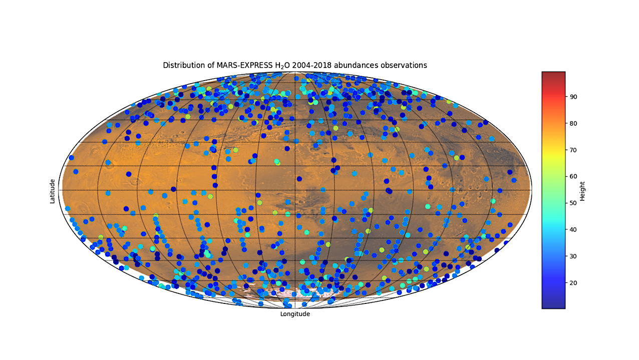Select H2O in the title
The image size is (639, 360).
click(x=282, y=66)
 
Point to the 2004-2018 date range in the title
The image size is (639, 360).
click(x=312, y=65)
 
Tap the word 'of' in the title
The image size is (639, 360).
click(x=211, y=65)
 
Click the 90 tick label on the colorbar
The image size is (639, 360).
click(x=573, y=97)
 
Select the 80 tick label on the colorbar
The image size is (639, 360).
click(x=573, y=124)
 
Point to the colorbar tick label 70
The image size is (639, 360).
click(x=573, y=150)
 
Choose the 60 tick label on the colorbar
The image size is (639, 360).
click(x=573, y=177)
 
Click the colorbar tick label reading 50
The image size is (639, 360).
click(x=573, y=203)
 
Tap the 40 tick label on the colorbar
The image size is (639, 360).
click(x=573, y=230)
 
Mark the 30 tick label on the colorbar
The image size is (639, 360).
click(x=573, y=256)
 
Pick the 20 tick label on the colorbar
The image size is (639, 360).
click(x=573, y=283)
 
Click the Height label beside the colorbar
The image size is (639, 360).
click(x=582, y=191)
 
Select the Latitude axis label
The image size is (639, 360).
click(x=52, y=191)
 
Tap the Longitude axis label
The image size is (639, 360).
click(x=295, y=314)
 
